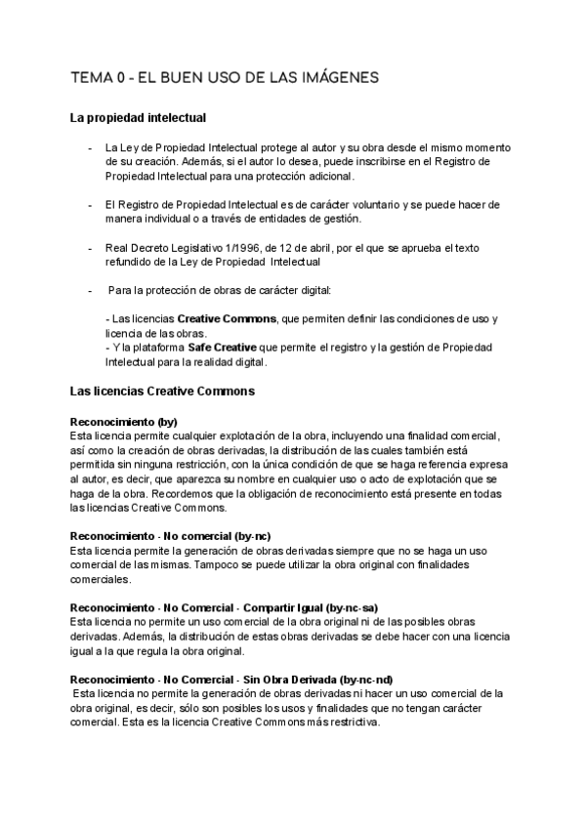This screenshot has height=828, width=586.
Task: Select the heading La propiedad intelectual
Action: coord(138,118)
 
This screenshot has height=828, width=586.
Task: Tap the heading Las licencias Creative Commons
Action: coord(162,392)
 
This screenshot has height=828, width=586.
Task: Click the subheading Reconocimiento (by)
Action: coord(124,421)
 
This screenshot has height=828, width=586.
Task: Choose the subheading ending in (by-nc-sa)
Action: coord(225,607)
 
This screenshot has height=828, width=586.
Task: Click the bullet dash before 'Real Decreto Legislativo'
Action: coord(90,248)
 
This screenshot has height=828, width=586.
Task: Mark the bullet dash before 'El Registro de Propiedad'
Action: coord(90,205)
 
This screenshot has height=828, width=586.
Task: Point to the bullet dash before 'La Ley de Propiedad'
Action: coord(90,147)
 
